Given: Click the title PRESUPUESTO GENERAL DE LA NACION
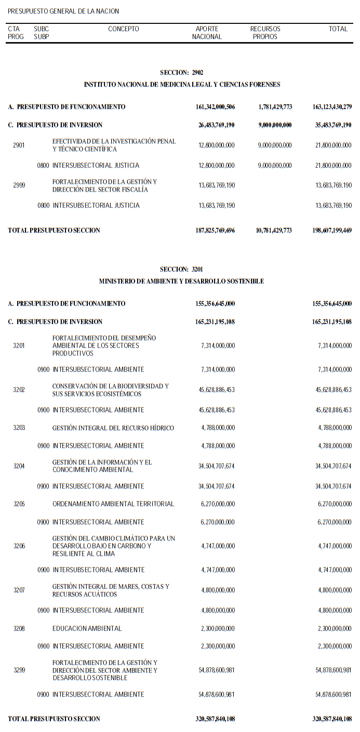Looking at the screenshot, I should click(63, 11).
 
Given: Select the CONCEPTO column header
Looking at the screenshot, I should click(124, 29).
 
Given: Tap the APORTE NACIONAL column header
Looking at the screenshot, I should click(207, 33).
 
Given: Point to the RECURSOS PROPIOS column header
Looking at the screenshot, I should click(265, 33).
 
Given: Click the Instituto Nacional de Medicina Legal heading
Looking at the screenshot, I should click(182, 84).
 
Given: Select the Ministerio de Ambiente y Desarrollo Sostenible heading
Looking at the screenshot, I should click(181, 281).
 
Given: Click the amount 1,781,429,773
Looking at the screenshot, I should click(275, 107).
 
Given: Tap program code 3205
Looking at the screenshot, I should click(19, 504).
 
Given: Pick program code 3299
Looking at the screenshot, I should click(19, 670).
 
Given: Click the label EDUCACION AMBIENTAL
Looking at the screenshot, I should click(87, 629).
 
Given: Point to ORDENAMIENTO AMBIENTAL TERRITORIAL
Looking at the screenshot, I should click(113, 504).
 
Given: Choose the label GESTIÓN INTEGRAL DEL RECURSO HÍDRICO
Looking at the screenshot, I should click(113, 428).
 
